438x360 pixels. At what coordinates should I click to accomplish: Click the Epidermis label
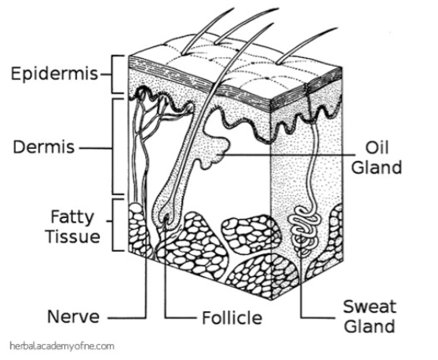click(x=55, y=74)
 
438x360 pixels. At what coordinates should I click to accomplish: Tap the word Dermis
click(x=44, y=147)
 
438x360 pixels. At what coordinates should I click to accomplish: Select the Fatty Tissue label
click(x=73, y=227)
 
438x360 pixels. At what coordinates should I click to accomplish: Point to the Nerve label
click(x=74, y=316)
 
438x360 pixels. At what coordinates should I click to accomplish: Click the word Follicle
click(x=232, y=318)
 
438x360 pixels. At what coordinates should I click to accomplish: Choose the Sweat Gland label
click(x=370, y=316)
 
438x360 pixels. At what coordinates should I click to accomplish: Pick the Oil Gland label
click(x=376, y=158)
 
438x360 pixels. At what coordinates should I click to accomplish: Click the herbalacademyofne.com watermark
click(x=62, y=347)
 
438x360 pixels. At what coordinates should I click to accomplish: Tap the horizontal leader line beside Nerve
click(x=127, y=318)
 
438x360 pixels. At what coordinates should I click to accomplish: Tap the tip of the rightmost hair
click(x=338, y=28)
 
